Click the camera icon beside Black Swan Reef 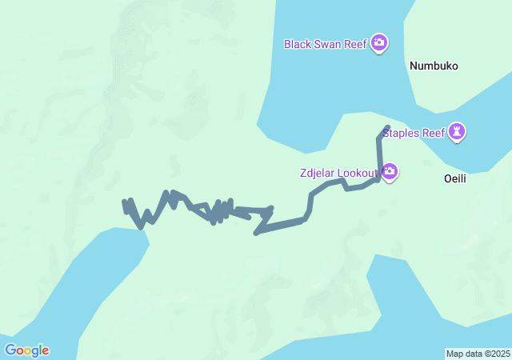point(379,43)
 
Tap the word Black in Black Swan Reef point(298,44)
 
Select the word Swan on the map point(328,44)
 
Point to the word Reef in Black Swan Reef point(355,44)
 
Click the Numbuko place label point(434,66)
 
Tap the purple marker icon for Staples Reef point(457,131)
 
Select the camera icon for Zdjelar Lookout point(390,172)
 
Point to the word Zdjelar point(318,173)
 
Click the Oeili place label point(454,179)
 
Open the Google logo point(26,350)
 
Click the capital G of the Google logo point(10,350)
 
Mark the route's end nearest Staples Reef point(387,128)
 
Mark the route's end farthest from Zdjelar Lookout point(125,202)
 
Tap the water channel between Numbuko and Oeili point(480,152)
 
